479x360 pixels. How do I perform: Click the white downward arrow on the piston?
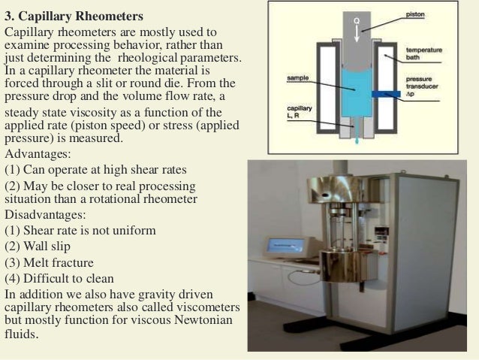pyautogui.click(x=358, y=27)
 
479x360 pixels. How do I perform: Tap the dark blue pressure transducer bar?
pyautogui.click(x=390, y=94)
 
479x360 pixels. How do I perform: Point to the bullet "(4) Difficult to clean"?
pyautogui.click(x=59, y=278)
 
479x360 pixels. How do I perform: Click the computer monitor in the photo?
pyautogui.click(x=284, y=248)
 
